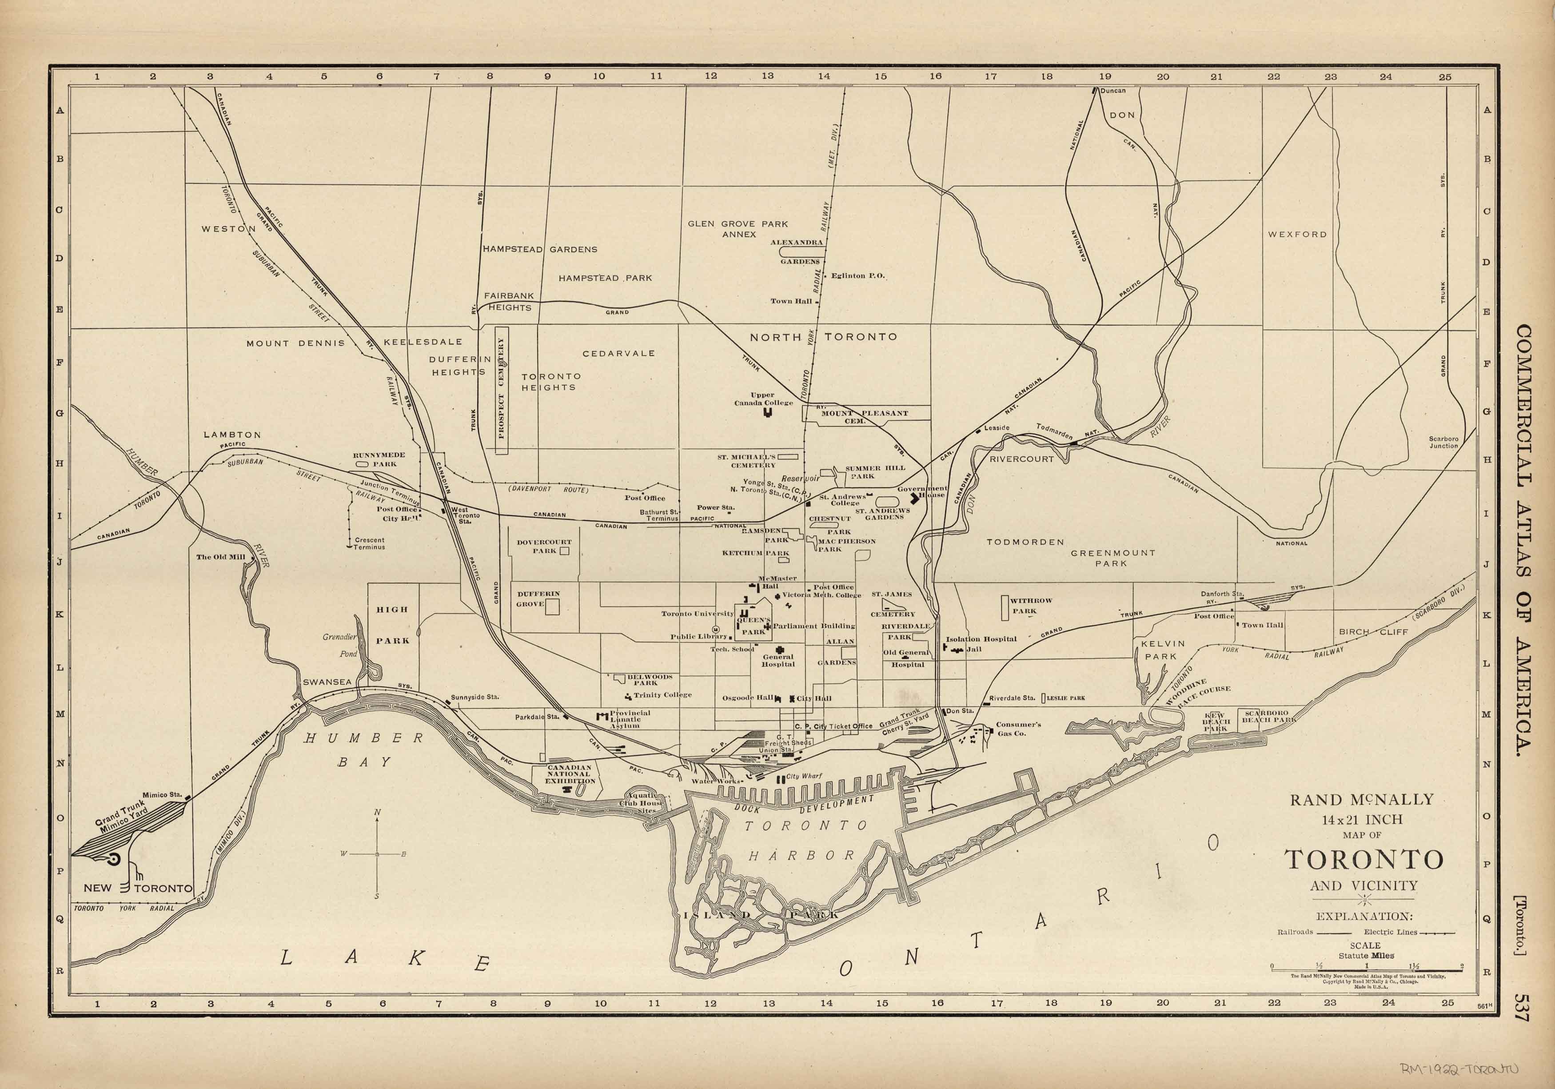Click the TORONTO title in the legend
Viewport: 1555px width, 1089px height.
pyautogui.click(x=1364, y=859)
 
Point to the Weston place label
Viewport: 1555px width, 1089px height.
pyautogui.click(x=228, y=229)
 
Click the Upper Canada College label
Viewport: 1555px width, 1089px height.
pyautogui.click(x=763, y=399)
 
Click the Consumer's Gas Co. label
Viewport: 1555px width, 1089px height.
pyautogui.click(x=1018, y=728)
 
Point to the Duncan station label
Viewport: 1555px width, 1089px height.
pyautogui.click(x=1113, y=91)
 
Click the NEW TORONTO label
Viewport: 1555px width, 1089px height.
pyautogui.click(x=138, y=888)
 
